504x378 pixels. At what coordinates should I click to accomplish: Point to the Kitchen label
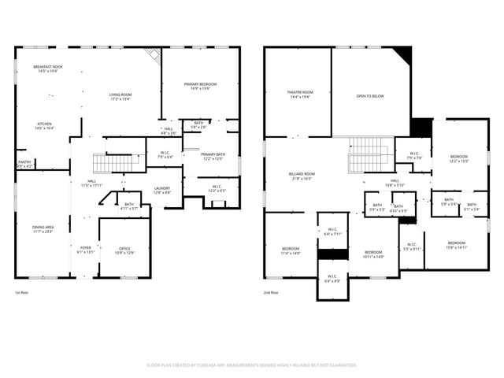tap(45, 125)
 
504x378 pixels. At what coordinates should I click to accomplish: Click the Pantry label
tap(24, 164)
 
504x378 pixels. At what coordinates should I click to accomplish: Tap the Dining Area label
tap(43, 229)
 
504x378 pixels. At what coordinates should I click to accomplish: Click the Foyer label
tap(85, 250)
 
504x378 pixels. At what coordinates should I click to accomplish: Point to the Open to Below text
tap(370, 96)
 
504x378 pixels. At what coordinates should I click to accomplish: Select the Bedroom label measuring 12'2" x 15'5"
tap(458, 158)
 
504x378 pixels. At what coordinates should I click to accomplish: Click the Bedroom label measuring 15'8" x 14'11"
tap(457, 244)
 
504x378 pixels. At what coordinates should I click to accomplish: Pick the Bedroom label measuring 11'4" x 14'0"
tap(291, 251)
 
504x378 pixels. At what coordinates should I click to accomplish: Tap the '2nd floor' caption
tap(272, 292)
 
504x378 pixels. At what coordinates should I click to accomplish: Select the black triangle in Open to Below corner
tap(404, 55)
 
